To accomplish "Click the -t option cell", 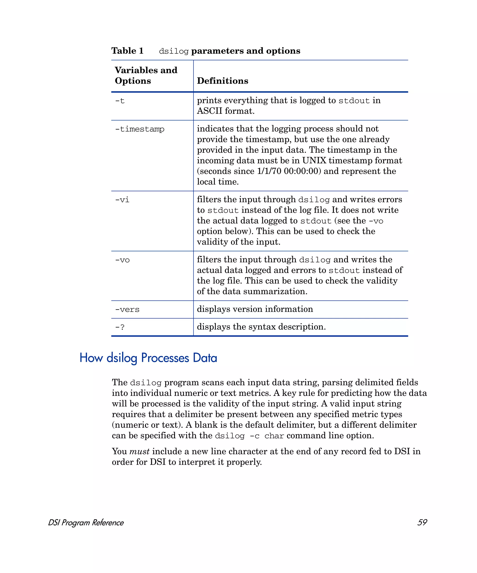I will tap(120, 101).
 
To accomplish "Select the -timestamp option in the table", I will tap(140, 129).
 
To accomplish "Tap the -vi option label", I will tap(122, 200).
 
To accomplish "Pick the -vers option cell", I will tap(127, 309).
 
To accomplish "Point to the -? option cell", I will tap(120, 327).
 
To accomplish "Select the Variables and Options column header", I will tap(146, 75).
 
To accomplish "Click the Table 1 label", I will tap(127, 51).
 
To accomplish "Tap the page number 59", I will tap(422, 522).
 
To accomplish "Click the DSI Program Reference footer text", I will tap(86, 522).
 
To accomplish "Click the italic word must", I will tap(139, 451).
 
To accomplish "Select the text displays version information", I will tap(255, 309).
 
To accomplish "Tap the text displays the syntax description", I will tap(261, 327).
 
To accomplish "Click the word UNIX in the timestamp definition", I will tap(314, 160).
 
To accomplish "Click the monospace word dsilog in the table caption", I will tap(174, 51).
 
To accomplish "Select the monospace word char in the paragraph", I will tap(274, 436).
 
